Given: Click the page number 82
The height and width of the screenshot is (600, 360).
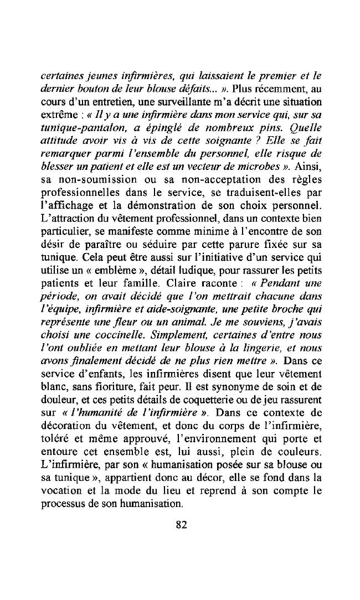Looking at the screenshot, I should pyautogui.click(x=181, y=525).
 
